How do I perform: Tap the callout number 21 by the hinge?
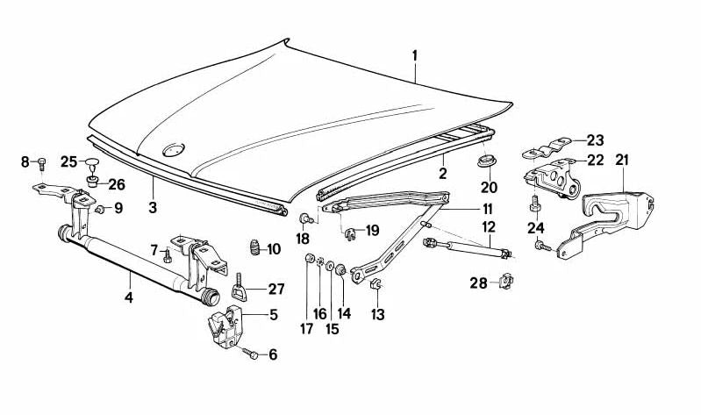pyautogui.click(x=622, y=160)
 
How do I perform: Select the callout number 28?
pyautogui.click(x=476, y=282)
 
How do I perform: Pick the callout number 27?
pyautogui.click(x=276, y=289)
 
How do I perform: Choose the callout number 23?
pyautogui.click(x=596, y=140)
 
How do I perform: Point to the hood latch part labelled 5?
pyautogui.click(x=225, y=326)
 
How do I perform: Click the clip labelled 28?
pyautogui.click(x=505, y=282)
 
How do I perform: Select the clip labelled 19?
pyautogui.click(x=350, y=233)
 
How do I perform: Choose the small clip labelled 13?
pyautogui.click(x=375, y=284)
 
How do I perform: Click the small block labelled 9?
pyautogui.click(x=99, y=209)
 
